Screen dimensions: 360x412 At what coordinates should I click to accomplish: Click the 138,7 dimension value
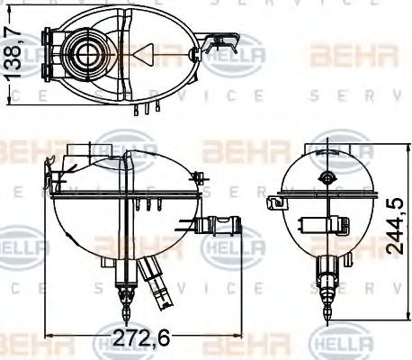(12, 55)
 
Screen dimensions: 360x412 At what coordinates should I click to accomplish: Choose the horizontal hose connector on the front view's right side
(220, 226)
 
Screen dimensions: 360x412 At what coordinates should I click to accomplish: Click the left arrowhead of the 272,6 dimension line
(48, 339)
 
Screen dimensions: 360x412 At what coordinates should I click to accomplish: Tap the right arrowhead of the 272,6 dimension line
(240, 339)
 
